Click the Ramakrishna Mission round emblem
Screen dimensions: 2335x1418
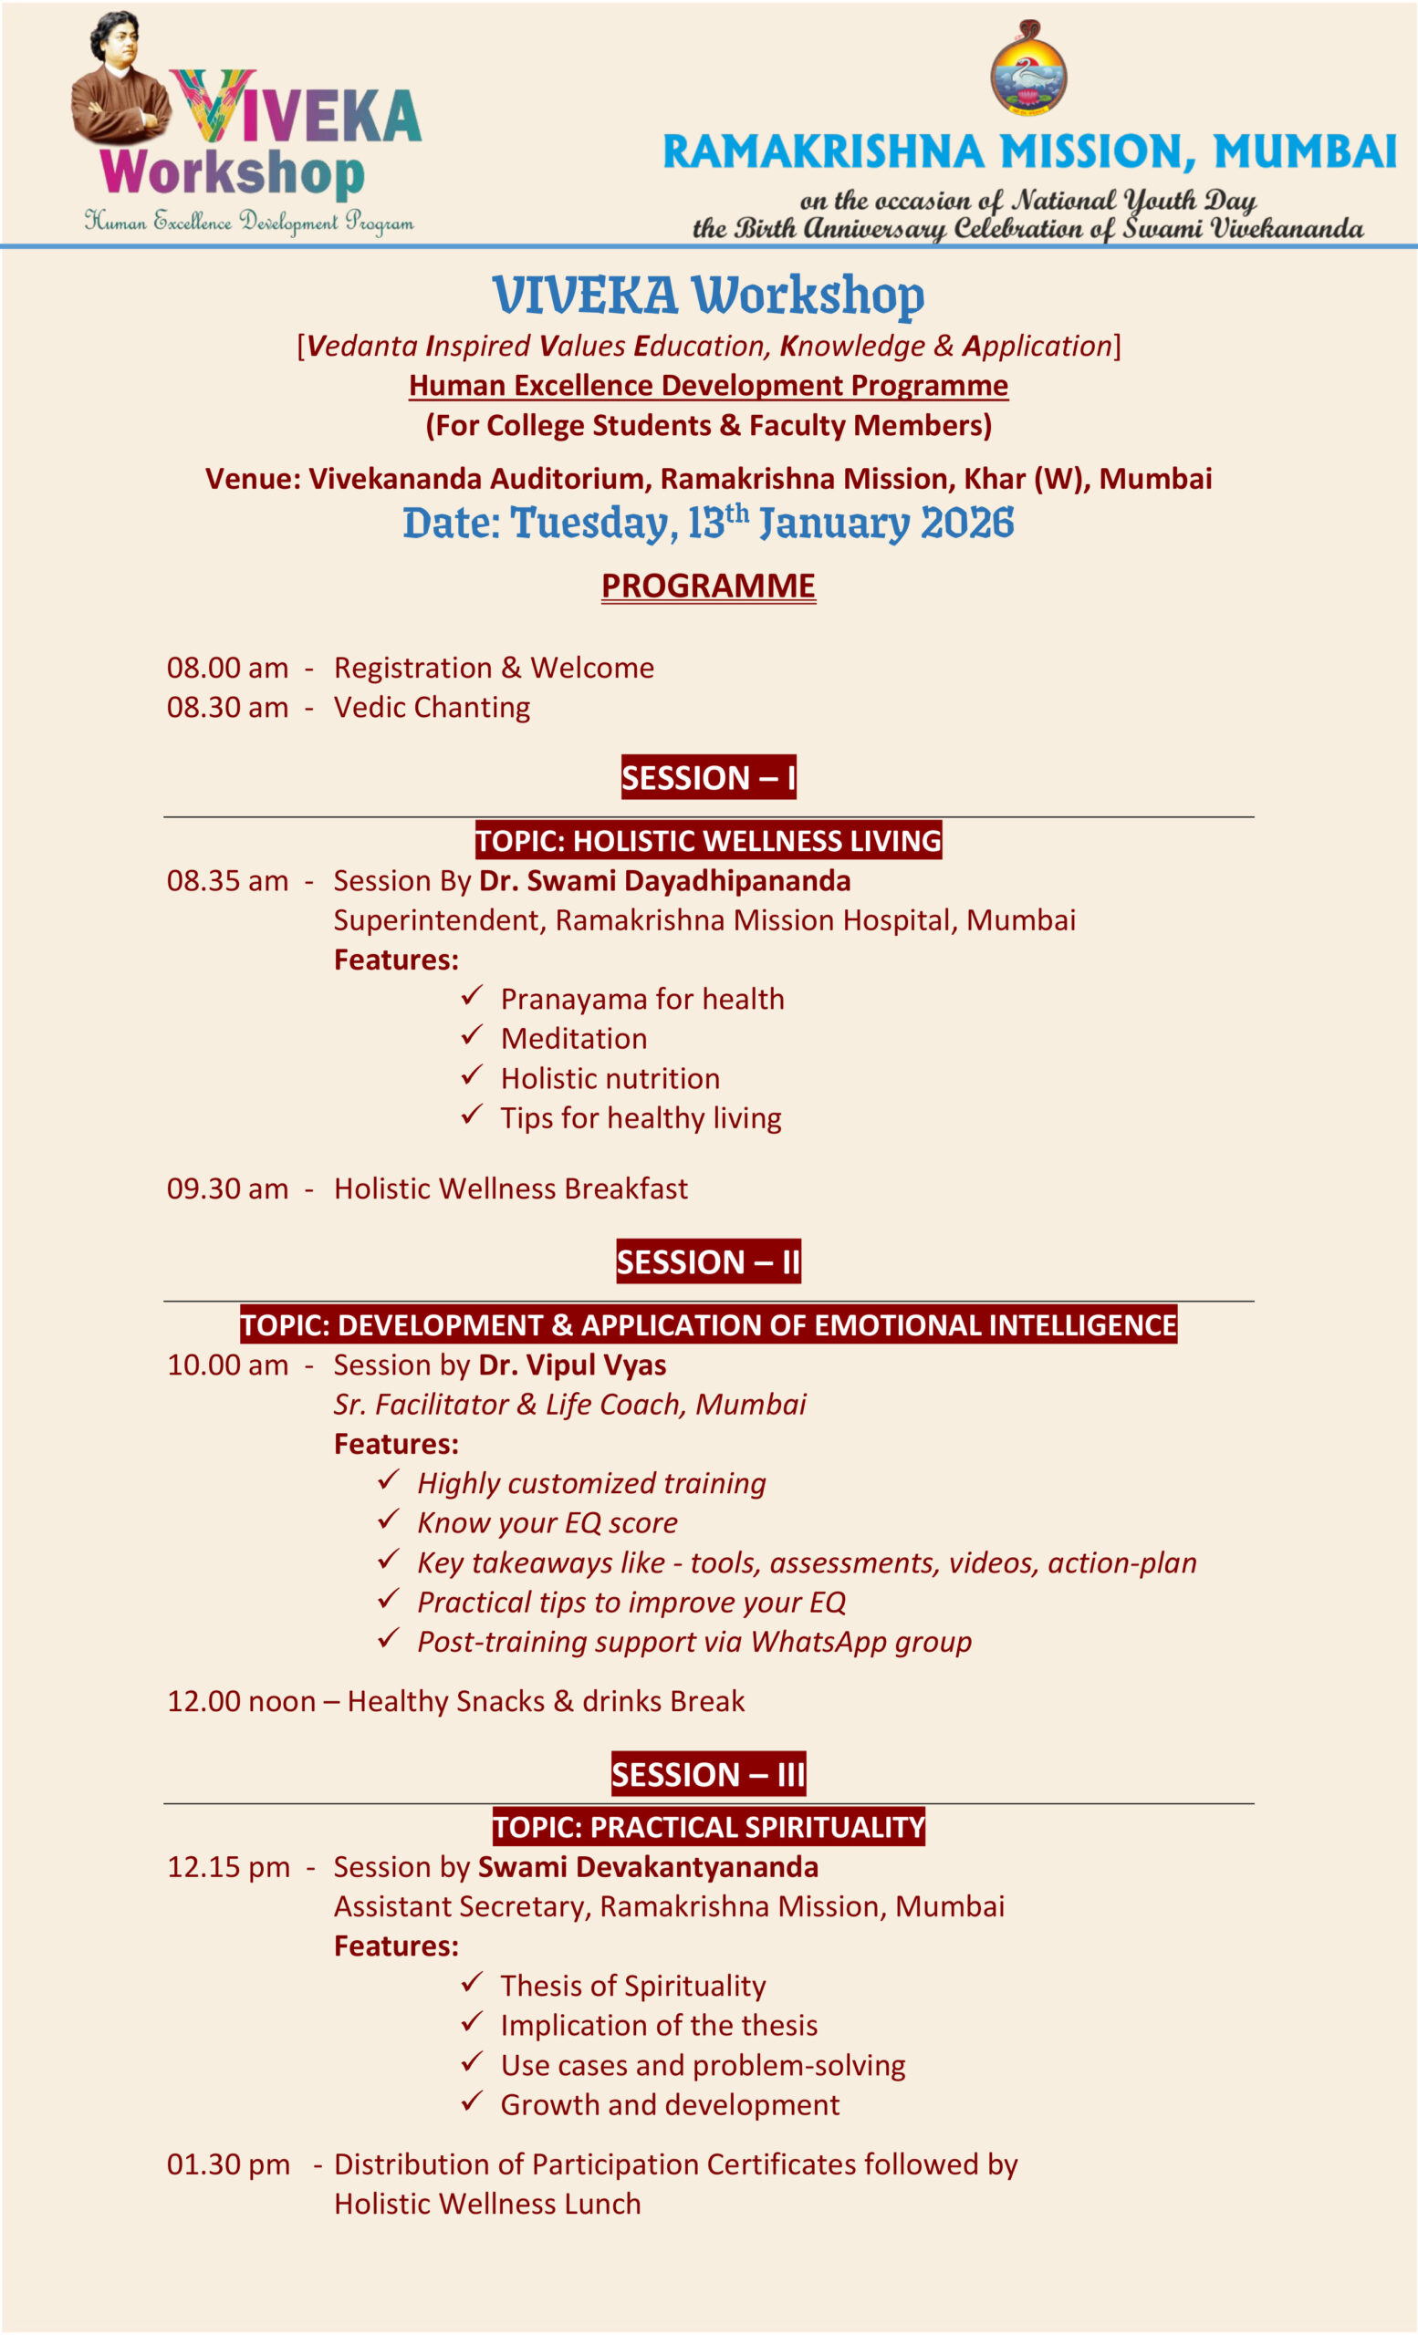click(x=1028, y=69)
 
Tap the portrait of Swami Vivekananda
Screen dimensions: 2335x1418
click(x=120, y=79)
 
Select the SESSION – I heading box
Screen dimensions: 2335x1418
click(x=708, y=777)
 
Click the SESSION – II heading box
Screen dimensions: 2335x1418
click(x=708, y=1261)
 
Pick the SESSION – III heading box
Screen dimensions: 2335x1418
click(x=708, y=1773)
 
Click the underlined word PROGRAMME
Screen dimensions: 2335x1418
click(x=708, y=586)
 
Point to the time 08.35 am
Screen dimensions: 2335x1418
click(x=227, y=880)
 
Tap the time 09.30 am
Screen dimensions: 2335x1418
click(x=227, y=1188)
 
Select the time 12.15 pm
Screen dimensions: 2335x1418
click(x=228, y=1866)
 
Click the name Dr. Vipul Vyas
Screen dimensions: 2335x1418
click(x=572, y=1365)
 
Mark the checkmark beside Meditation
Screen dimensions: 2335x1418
click(x=471, y=1036)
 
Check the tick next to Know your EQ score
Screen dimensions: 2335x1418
click(x=388, y=1519)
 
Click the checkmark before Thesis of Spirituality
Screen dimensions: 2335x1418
click(x=471, y=1983)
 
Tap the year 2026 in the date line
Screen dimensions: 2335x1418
click(x=967, y=524)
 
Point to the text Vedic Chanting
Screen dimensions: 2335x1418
click(x=432, y=707)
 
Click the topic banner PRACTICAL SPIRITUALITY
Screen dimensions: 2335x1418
click(x=708, y=1826)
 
